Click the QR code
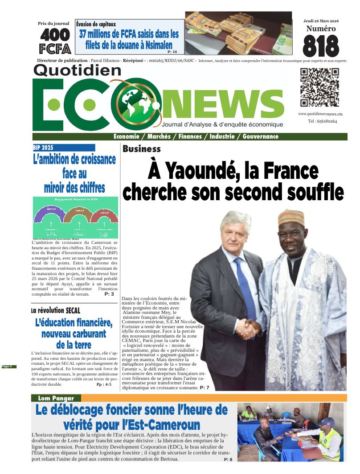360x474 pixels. (x=319, y=87)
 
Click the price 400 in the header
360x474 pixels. (x=55, y=35)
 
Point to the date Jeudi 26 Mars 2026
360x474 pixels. (x=320, y=21)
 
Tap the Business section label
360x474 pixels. (x=142, y=149)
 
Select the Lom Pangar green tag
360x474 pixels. (x=56, y=398)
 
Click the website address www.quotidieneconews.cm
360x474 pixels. (x=320, y=114)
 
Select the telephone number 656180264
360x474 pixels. (x=322, y=121)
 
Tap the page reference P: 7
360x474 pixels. (x=204, y=388)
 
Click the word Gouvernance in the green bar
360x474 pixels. (x=260, y=136)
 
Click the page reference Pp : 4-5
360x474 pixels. (x=104, y=384)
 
